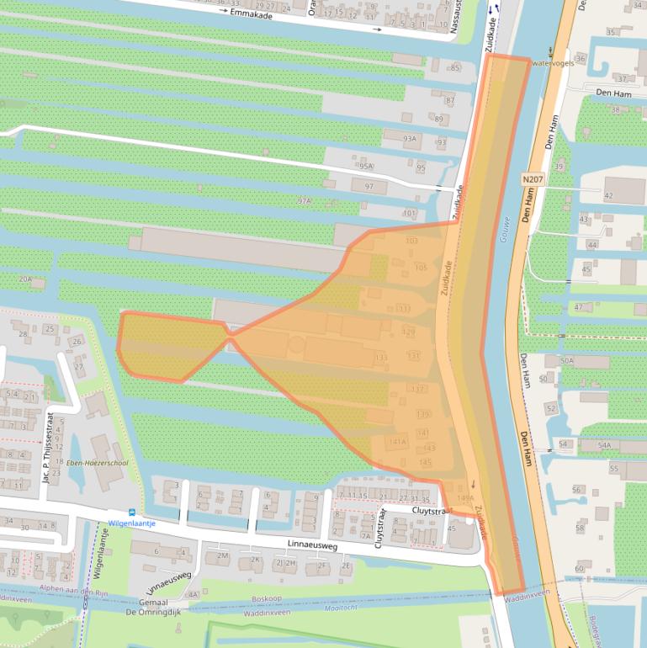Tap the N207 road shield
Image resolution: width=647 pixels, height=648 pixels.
(532, 180)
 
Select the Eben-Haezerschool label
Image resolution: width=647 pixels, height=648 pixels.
(96, 464)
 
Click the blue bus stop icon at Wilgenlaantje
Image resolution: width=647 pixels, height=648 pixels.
(130, 513)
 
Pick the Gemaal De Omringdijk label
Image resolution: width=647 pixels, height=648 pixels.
(156, 604)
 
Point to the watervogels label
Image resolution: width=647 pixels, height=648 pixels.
(552, 63)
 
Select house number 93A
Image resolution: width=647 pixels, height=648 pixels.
(409, 139)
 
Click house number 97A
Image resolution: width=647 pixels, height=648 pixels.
(304, 201)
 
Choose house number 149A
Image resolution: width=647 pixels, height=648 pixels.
(465, 498)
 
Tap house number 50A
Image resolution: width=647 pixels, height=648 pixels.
(566, 361)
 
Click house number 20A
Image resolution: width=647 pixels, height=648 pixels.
(25, 279)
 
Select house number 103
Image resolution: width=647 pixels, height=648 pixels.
(411, 242)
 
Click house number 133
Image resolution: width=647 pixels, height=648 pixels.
(381, 358)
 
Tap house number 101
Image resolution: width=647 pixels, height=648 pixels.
(410, 214)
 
